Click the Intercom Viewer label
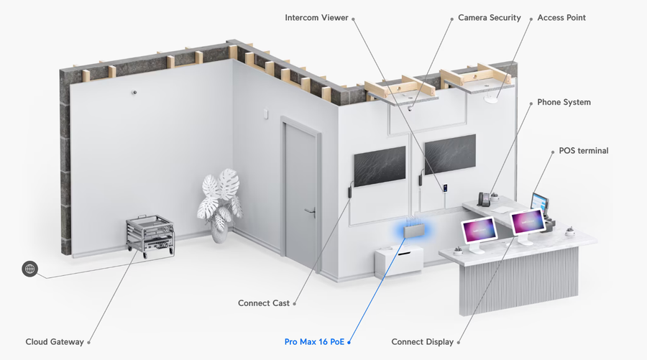click(316, 18)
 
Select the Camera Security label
click(490, 18)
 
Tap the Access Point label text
click(561, 18)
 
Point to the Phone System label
click(564, 102)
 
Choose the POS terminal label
click(584, 151)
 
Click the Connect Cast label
click(264, 303)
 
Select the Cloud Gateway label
click(55, 342)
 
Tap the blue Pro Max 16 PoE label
click(314, 342)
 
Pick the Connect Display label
click(422, 342)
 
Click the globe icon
click(29, 269)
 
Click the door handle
click(311, 211)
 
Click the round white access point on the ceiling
click(490, 99)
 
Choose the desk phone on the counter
click(484, 199)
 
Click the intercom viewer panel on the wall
click(446, 188)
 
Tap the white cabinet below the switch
click(399, 260)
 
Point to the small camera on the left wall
click(134, 93)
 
